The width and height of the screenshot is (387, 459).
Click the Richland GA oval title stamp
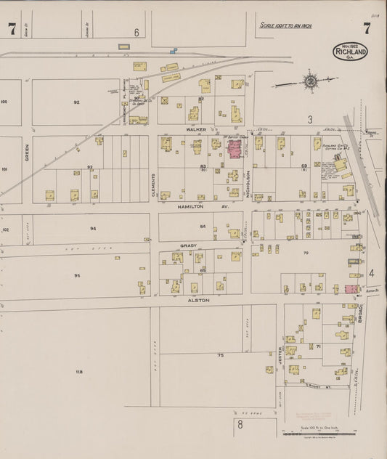tap(351, 51)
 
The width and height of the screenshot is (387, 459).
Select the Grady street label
tap(189, 245)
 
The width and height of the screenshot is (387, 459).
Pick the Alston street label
tap(198, 299)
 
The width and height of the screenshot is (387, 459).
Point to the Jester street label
tap(279, 355)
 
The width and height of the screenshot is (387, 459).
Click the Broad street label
tap(360, 313)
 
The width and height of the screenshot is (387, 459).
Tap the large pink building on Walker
tap(235, 150)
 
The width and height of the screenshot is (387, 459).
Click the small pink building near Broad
tap(351, 289)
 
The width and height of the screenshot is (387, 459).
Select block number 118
tap(78, 371)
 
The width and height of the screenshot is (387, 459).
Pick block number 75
tap(220, 355)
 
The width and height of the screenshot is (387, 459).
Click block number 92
tap(76, 102)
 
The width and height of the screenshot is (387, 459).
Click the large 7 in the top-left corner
tap(12, 30)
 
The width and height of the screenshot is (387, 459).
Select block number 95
tap(77, 276)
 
